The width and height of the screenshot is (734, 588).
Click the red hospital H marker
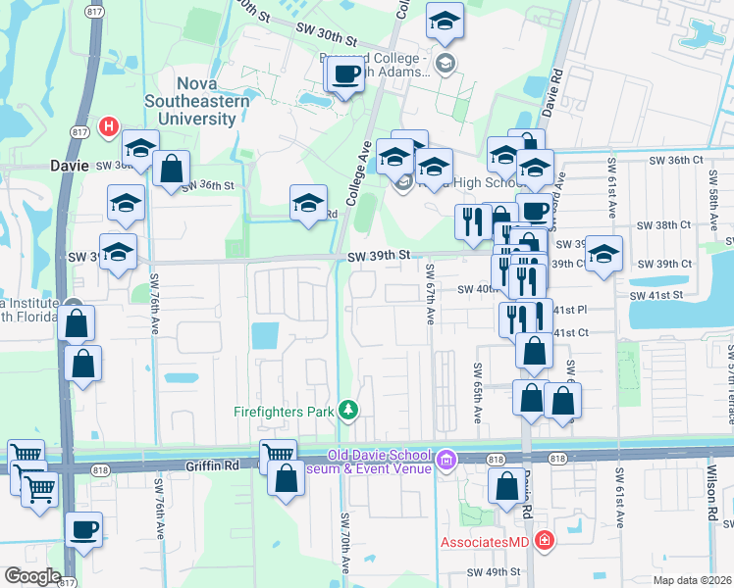pos(108,126)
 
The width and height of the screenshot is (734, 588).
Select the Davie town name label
pos(70,167)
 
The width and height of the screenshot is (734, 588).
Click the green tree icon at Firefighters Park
pos(345,409)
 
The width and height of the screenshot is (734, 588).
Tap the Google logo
pos(32,575)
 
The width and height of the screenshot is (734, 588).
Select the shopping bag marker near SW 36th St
pos(171,168)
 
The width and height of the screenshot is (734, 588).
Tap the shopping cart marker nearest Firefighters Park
pos(278,456)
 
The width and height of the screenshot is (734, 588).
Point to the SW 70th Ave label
pos(344,542)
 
